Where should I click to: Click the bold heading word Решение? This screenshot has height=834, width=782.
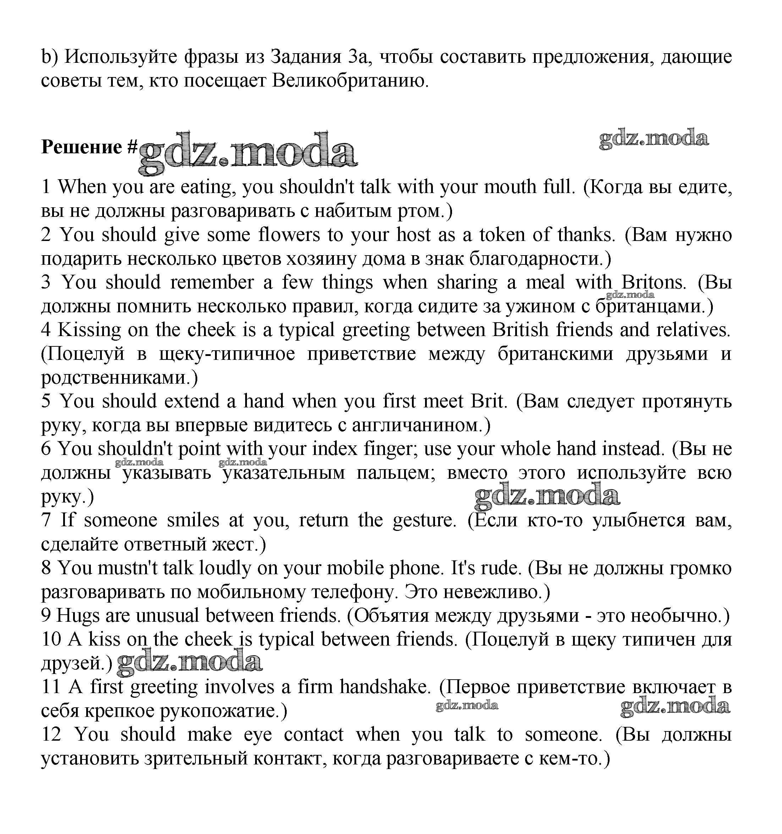tap(82, 147)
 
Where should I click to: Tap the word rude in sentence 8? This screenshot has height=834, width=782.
tap(501, 569)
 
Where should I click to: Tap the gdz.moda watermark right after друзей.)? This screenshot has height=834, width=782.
tap(189, 663)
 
